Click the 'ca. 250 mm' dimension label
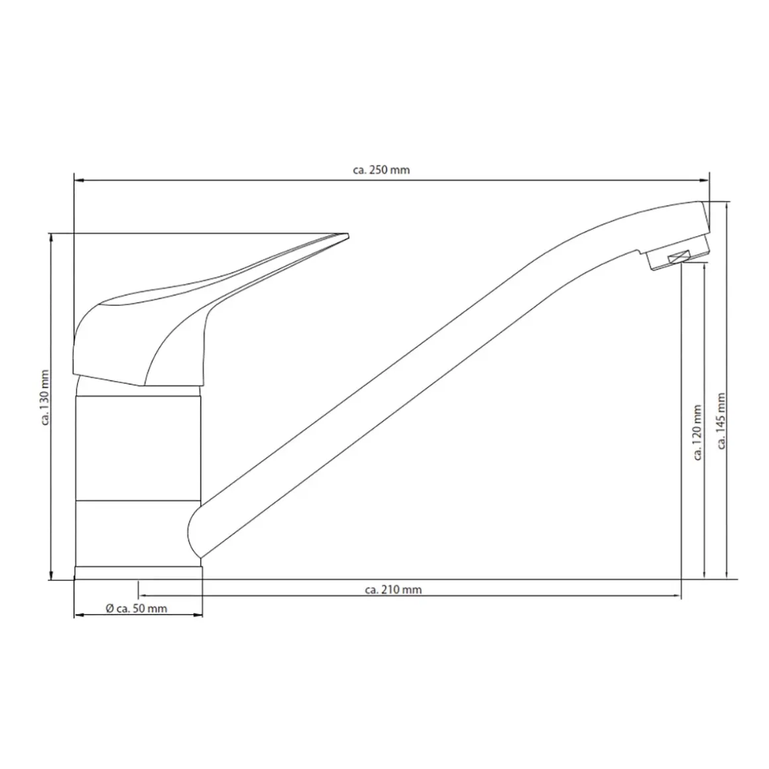pos(381,170)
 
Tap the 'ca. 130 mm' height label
pos(45,398)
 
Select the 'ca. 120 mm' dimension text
pos(697,432)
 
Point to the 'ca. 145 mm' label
pos(721,421)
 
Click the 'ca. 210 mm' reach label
pos(393,589)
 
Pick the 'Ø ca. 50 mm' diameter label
pos(137,609)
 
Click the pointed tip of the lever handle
pos(348,235)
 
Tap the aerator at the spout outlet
pos(678,257)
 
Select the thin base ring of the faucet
pos(139,573)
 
